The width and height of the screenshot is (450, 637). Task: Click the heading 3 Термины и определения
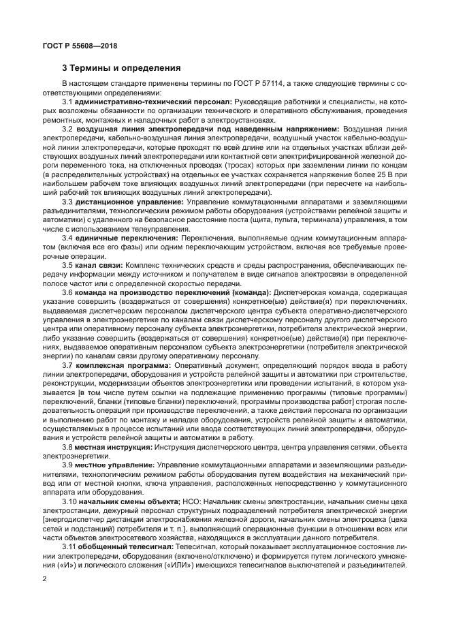121,68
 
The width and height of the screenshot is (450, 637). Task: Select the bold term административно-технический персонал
153,102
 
